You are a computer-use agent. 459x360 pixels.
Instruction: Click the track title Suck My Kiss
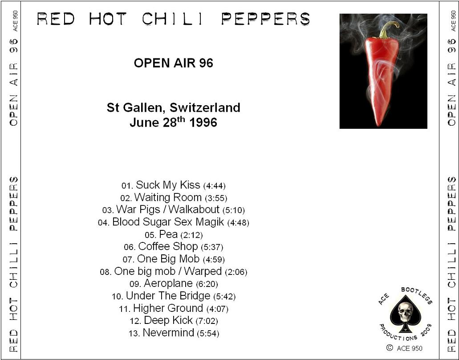coord(168,185)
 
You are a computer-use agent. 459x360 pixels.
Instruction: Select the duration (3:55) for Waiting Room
coord(216,198)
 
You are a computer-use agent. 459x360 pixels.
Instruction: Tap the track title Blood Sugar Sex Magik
coord(168,222)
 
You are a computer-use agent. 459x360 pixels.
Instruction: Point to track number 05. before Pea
coord(151,235)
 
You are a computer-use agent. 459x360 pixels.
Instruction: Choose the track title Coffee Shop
coord(168,247)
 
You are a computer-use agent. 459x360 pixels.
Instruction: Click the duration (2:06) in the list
coord(236,272)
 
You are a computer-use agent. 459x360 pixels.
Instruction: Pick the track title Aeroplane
coord(168,283)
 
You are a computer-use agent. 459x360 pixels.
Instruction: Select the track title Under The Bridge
coord(168,296)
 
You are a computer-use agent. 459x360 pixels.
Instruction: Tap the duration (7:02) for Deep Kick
coord(207,321)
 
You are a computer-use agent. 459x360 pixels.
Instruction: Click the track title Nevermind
coord(168,333)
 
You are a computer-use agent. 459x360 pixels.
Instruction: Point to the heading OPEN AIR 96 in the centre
coord(174,63)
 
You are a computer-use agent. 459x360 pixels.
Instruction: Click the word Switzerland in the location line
coord(205,107)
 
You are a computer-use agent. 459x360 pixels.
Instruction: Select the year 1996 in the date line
coord(203,123)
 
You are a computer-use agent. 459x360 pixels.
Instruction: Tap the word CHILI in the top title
coord(172,19)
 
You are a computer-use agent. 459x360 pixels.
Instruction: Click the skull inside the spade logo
coord(406,312)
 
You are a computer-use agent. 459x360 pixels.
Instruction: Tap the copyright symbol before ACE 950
coord(390,348)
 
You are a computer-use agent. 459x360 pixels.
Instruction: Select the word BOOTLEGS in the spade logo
coord(417,295)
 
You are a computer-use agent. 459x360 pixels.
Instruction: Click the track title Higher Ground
coord(168,308)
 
